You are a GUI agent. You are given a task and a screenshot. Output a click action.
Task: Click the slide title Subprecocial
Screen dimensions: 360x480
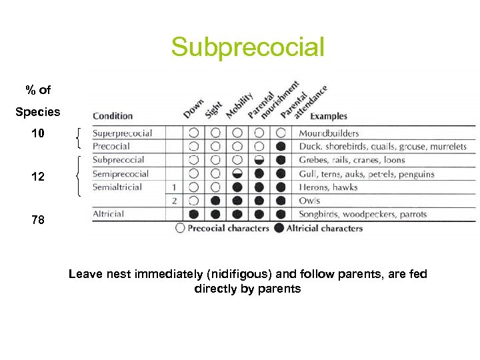click(247, 47)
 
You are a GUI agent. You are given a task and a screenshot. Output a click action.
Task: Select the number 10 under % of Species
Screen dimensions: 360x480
click(38, 133)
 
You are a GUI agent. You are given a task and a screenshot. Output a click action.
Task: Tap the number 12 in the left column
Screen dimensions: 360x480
click(38, 177)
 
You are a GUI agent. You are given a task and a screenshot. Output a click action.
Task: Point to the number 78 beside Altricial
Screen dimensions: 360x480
click(38, 219)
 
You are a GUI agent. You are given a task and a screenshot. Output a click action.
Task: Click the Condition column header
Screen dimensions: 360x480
click(113, 116)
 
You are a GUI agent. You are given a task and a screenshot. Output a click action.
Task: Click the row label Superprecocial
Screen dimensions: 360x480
click(122, 133)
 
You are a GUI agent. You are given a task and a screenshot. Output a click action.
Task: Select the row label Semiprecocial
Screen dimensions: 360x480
click(121, 174)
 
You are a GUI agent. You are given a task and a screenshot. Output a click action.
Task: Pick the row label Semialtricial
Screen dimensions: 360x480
click(117, 187)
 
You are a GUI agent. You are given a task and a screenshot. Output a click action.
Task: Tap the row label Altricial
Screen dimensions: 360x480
click(108, 214)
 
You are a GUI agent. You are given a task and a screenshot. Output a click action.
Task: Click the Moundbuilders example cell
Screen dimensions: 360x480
click(329, 133)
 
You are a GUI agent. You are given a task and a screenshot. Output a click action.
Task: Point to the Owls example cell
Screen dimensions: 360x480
click(309, 201)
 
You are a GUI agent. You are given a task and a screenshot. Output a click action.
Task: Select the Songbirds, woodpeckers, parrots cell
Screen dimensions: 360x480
click(363, 214)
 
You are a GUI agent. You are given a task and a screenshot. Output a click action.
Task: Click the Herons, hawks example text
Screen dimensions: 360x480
click(328, 187)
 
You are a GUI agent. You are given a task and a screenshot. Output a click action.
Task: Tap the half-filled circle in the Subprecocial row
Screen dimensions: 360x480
click(259, 160)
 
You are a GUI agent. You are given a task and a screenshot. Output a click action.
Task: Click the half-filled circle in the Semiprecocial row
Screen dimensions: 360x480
click(237, 174)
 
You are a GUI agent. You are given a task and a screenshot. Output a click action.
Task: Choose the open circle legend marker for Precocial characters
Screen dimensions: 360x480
click(180, 228)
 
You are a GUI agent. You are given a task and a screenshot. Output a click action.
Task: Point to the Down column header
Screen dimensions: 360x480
click(193, 108)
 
